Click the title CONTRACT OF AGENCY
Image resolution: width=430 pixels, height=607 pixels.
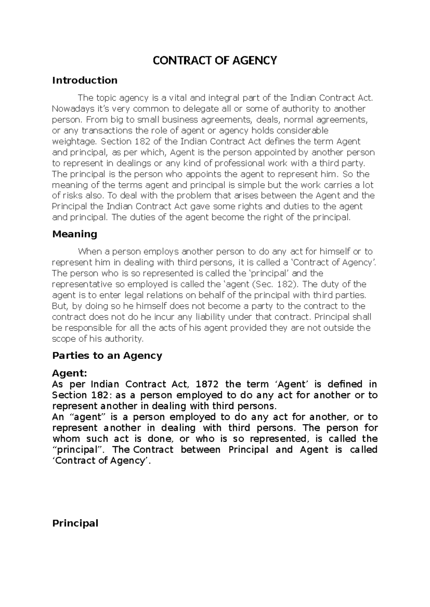tap(215, 60)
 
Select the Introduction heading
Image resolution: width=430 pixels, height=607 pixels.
tap(85, 80)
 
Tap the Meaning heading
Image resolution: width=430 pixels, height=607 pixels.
tap(75, 234)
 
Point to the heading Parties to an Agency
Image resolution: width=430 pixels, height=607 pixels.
tap(107, 355)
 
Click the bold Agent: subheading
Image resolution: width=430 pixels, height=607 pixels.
tap(70, 373)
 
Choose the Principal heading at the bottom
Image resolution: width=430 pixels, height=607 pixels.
tap(75, 523)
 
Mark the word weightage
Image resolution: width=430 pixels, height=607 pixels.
tap(71, 141)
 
